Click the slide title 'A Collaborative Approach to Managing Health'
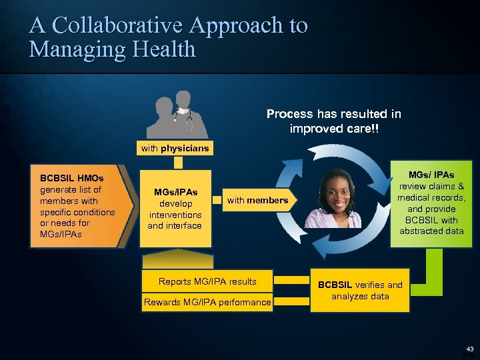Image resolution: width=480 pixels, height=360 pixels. click(x=168, y=37)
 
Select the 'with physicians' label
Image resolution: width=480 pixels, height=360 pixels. click(x=175, y=148)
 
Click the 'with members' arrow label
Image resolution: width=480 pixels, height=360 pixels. click(x=257, y=200)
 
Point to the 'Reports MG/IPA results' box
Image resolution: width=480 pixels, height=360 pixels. click(x=207, y=282)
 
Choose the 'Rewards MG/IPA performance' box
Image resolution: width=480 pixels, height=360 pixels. click(x=207, y=303)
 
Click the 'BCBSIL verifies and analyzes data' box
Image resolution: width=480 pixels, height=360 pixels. click(x=360, y=291)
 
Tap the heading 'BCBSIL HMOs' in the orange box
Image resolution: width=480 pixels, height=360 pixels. click(x=71, y=179)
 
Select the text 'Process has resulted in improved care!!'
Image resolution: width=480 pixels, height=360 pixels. click(x=333, y=121)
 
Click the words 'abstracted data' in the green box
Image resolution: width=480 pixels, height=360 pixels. click(x=431, y=231)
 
